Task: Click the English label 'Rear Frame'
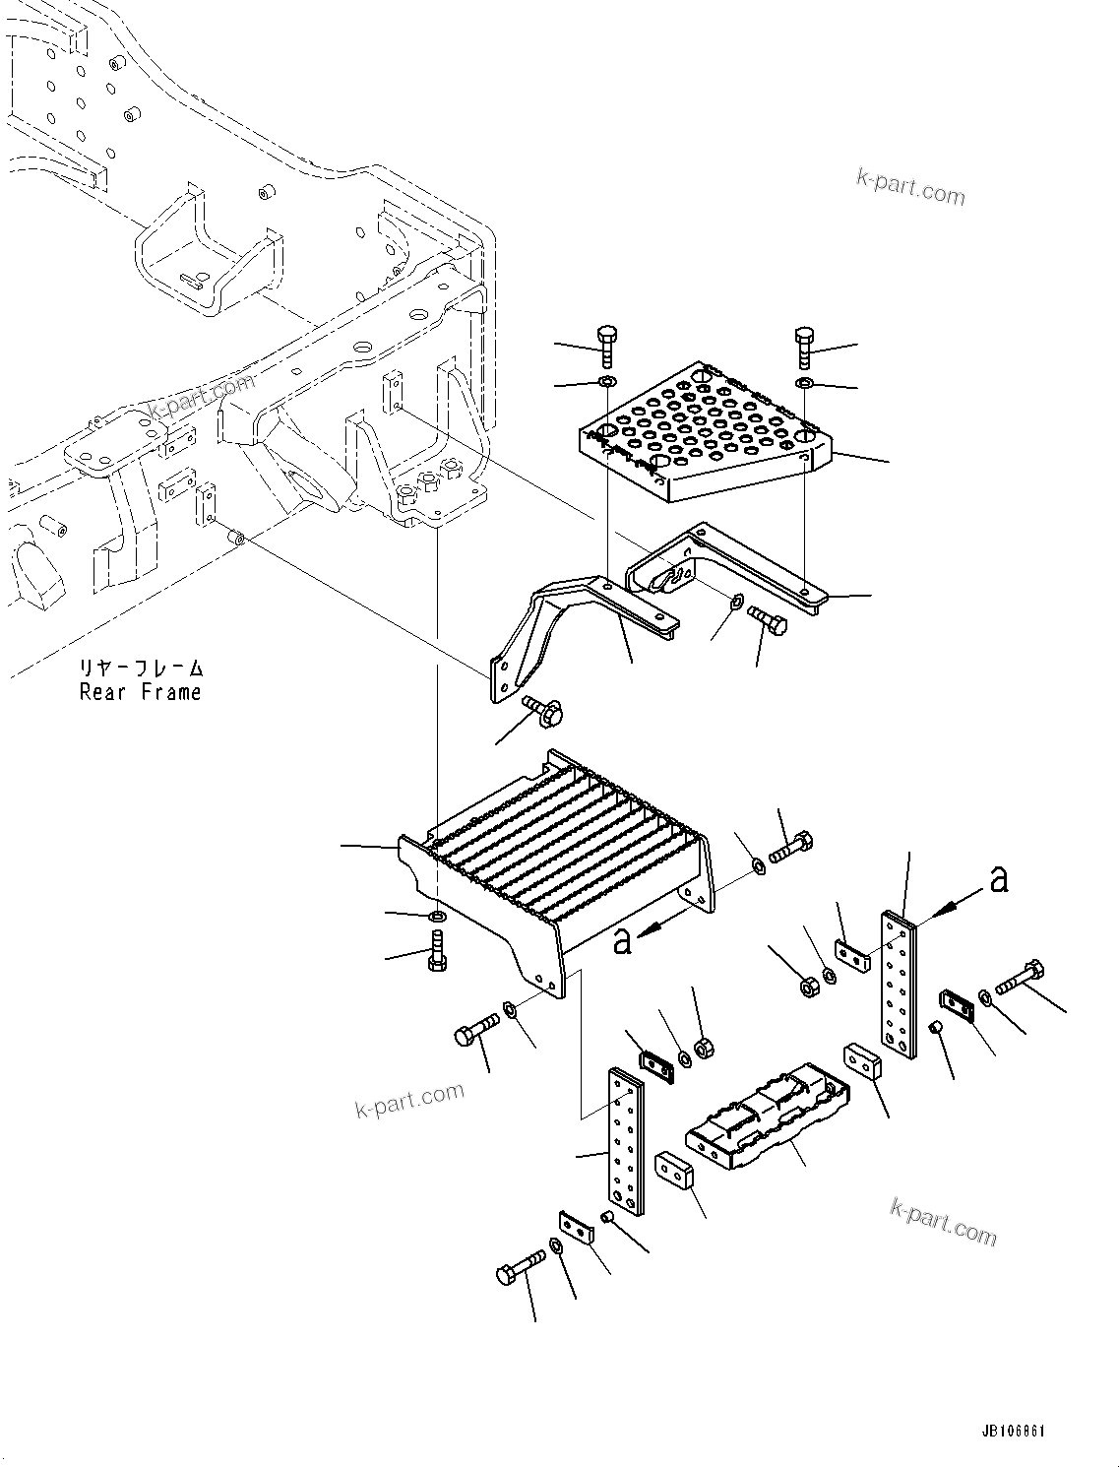[140, 692]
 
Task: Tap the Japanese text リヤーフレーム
[141, 669]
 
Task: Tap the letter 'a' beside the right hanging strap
[999, 879]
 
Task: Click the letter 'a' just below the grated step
[621, 940]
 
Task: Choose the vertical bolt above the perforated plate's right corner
[803, 348]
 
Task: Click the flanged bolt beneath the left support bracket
[541, 710]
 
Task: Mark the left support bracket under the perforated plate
[561, 630]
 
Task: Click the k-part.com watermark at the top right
[910, 186]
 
